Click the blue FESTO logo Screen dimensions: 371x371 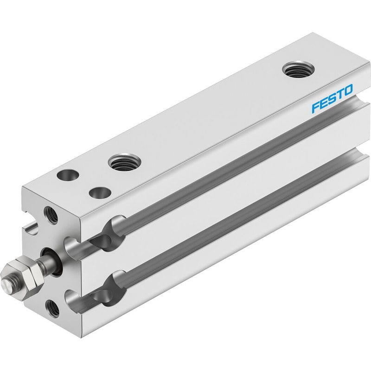tap(332, 98)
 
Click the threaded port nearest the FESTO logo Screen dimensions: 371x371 tap(298, 70)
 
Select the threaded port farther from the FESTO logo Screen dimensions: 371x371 tap(124, 162)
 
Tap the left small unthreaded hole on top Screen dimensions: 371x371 tap(68, 175)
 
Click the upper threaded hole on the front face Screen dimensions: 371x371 tap(51, 215)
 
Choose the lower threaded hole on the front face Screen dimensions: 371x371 tap(52, 308)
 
